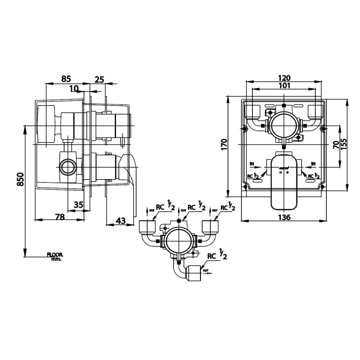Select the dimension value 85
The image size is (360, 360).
pos(66,79)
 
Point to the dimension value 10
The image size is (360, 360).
pos(74,88)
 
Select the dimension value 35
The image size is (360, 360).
pos(78,204)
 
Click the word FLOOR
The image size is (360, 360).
pos(55,255)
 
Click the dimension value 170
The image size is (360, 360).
pos(224,144)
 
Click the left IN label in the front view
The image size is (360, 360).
pos(252,164)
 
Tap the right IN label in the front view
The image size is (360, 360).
pos(313,164)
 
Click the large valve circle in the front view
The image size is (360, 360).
pos(284,125)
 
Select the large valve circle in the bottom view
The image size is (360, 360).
pos(178,241)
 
